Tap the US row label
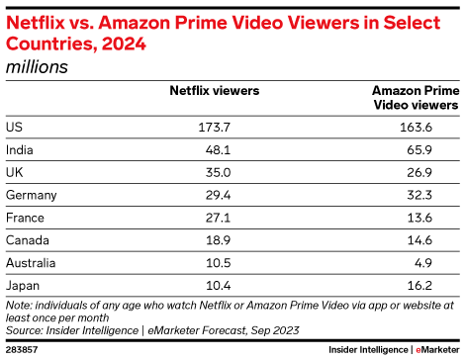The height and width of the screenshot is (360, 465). point(13,127)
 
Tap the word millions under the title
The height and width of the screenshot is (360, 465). point(37,67)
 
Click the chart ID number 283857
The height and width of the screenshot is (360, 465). point(22,349)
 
